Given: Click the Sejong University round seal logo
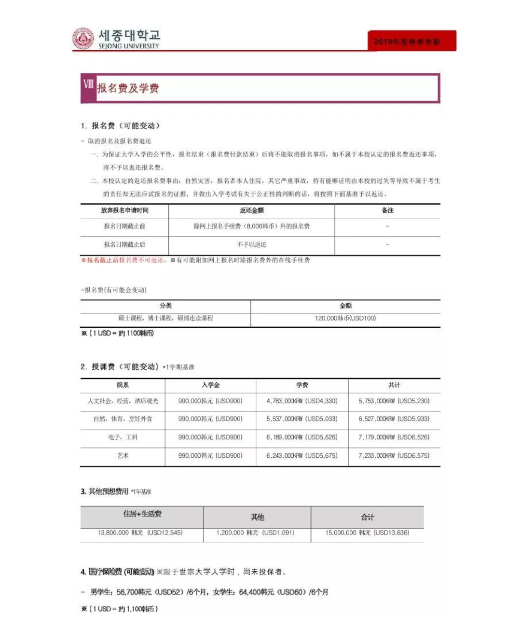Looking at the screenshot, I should click(x=83, y=39).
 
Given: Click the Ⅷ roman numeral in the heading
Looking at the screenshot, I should click(x=88, y=84).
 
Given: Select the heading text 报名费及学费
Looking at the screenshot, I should click(x=128, y=88).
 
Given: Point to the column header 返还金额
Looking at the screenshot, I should click(x=251, y=211).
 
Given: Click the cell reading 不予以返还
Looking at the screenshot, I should click(x=251, y=245).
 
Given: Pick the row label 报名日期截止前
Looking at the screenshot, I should click(x=124, y=226).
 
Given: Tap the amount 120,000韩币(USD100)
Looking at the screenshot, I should click(x=345, y=318).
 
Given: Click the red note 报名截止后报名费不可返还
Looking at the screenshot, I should click(x=124, y=260).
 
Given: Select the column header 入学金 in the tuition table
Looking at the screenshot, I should click(x=210, y=385).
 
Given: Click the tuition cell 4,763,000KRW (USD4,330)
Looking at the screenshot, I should click(x=302, y=401).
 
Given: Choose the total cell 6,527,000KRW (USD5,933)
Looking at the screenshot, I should click(x=394, y=419).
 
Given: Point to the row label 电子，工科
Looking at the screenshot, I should click(x=123, y=437).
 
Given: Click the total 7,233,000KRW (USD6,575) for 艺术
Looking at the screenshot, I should click(x=394, y=455).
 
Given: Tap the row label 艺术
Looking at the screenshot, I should click(x=123, y=455).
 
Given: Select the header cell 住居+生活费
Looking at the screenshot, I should click(x=142, y=514).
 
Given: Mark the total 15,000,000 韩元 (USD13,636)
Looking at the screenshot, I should click(x=367, y=533).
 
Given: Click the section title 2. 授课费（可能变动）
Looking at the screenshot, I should click(x=120, y=366).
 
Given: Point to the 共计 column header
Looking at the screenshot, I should click(x=394, y=385).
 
